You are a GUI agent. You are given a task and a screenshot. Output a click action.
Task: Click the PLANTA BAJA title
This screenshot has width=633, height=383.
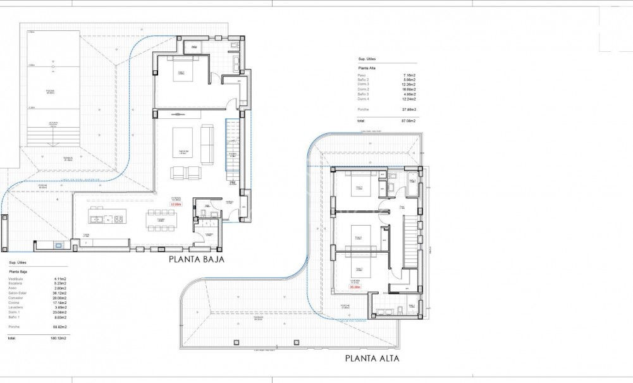pyautogui.click(x=196, y=259)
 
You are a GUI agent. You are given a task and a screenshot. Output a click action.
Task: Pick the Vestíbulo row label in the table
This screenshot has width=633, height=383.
pyautogui.click(x=16, y=279)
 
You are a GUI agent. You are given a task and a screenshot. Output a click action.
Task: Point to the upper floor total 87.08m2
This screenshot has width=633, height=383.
pyautogui.click(x=407, y=120)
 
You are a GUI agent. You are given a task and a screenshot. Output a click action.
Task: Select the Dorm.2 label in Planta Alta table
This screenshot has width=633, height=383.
pyautogui.click(x=363, y=89)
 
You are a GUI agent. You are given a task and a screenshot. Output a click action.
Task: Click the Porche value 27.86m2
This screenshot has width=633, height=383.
pyautogui.click(x=407, y=109)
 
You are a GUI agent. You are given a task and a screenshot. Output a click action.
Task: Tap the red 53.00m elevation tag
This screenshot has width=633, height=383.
pyautogui.click(x=176, y=205)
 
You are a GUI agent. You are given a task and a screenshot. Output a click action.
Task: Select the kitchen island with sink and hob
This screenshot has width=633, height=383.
pyautogui.click(x=107, y=219)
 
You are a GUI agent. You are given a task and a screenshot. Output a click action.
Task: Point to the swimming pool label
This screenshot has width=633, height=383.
pyautogui.click(x=49, y=91)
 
